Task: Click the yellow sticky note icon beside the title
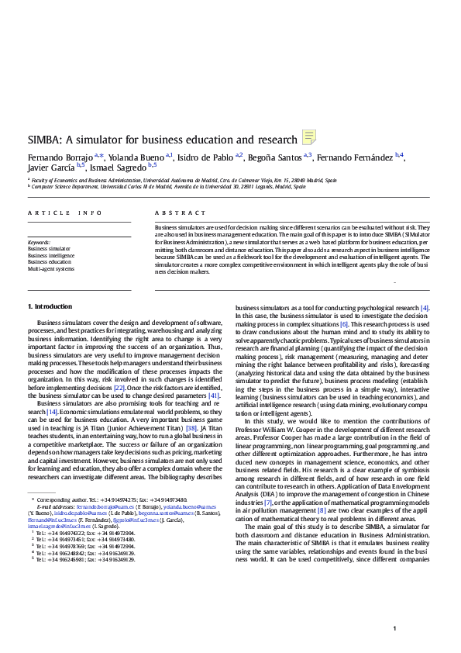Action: coord(308,138)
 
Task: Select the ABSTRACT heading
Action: coord(174,212)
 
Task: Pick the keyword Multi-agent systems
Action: coord(51,268)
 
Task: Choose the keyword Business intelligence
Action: coord(51,255)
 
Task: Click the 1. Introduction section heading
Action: coord(50,306)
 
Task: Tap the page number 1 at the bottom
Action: coord(395,628)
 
